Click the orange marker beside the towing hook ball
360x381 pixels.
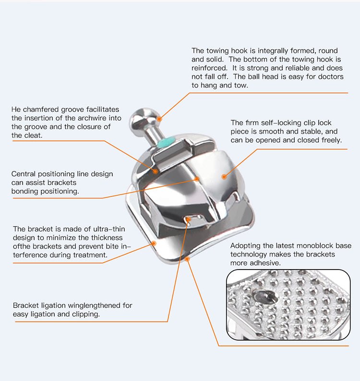159,119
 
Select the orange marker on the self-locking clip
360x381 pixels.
224,177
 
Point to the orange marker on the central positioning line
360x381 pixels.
197,179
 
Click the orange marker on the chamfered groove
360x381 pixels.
155,172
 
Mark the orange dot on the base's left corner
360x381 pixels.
154,244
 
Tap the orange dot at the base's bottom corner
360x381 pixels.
187,259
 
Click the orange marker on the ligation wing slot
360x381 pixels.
188,220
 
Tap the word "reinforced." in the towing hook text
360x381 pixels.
209,68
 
